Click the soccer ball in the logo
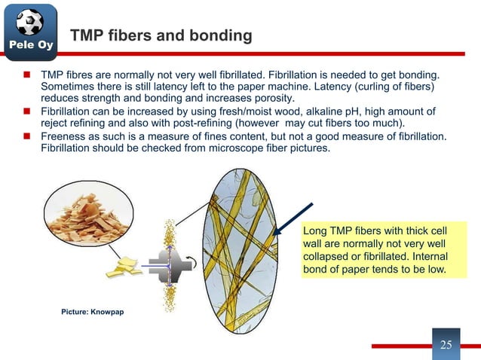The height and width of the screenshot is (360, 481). click(x=29, y=23)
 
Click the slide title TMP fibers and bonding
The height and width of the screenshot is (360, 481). click(x=161, y=37)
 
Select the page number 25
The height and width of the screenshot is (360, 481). click(x=446, y=345)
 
